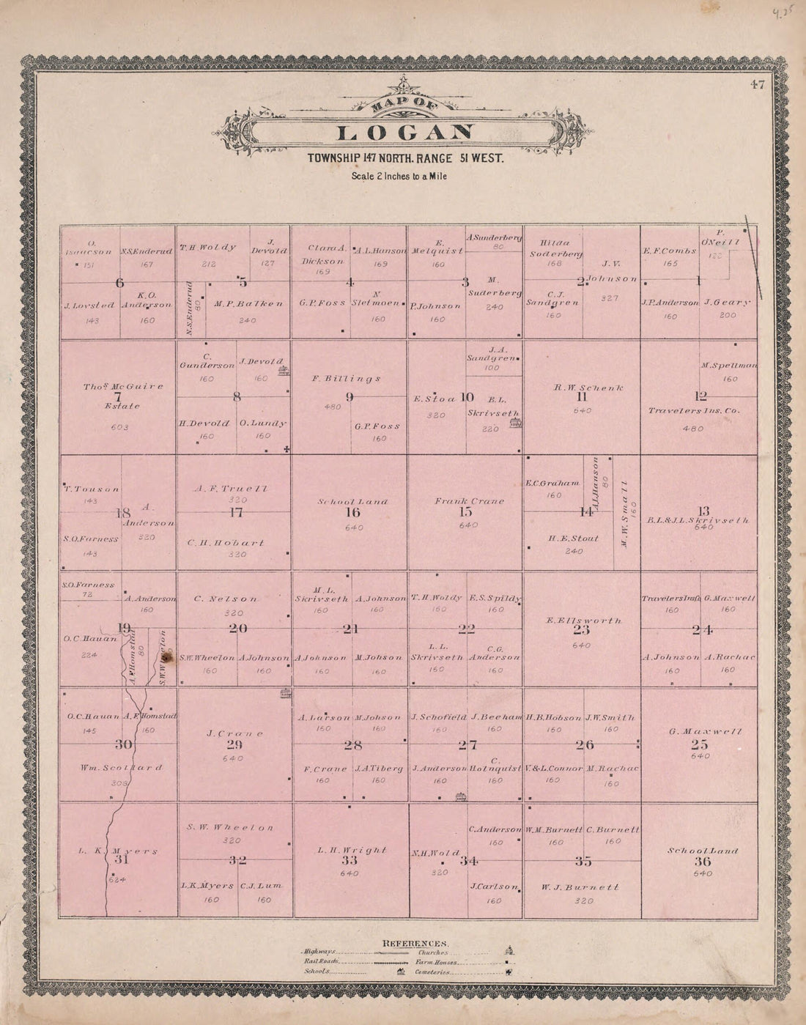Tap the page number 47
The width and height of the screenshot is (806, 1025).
pyautogui.click(x=757, y=84)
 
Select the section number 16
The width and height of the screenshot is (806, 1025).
pyautogui.click(x=352, y=513)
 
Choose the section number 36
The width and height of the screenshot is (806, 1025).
pyautogui.click(x=702, y=862)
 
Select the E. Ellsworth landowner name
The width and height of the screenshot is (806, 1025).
pyautogui.click(x=583, y=621)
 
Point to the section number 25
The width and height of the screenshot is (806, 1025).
pyautogui.click(x=699, y=744)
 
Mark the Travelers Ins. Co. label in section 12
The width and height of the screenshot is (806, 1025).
pyautogui.click(x=693, y=411)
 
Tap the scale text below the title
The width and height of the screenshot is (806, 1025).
pyautogui.click(x=399, y=176)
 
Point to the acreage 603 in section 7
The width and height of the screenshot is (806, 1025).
pyautogui.click(x=118, y=427)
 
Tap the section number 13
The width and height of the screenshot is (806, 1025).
pyautogui.click(x=703, y=511)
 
